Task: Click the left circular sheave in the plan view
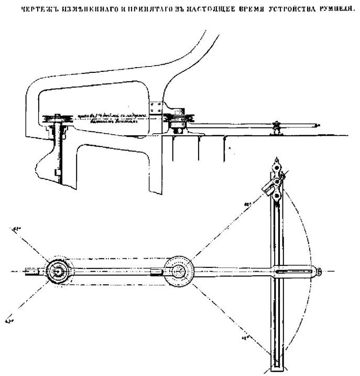[56, 271]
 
